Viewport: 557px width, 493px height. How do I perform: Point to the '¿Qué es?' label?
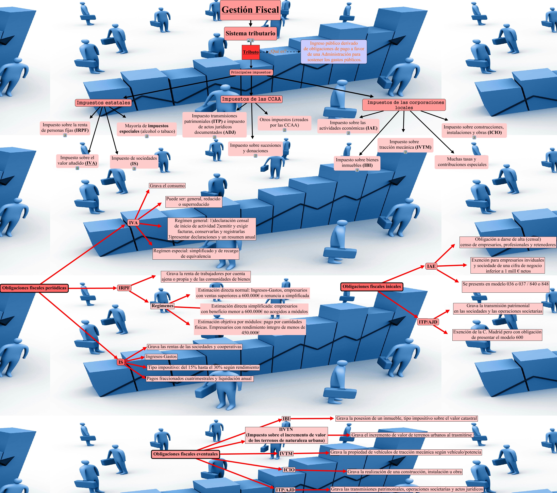click(x=277, y=51)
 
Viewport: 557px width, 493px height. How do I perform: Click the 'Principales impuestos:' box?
click(x=251, y=72)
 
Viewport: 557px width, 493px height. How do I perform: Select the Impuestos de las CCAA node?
click(x=251, y=99)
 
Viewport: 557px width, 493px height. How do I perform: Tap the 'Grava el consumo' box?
click(x=167, y=186)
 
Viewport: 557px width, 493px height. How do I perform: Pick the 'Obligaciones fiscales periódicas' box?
click(x=34, y=288)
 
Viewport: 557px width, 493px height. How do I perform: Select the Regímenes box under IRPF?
click(x=162, y=306)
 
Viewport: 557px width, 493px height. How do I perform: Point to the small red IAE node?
click(x=431, y=266)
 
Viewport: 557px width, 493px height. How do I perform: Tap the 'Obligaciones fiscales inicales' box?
click(x=372, y=286)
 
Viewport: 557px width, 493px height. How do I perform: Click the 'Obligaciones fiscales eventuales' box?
click(x=185, y=454)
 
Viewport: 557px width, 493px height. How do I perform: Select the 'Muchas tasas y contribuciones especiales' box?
click(x=462, y=162)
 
